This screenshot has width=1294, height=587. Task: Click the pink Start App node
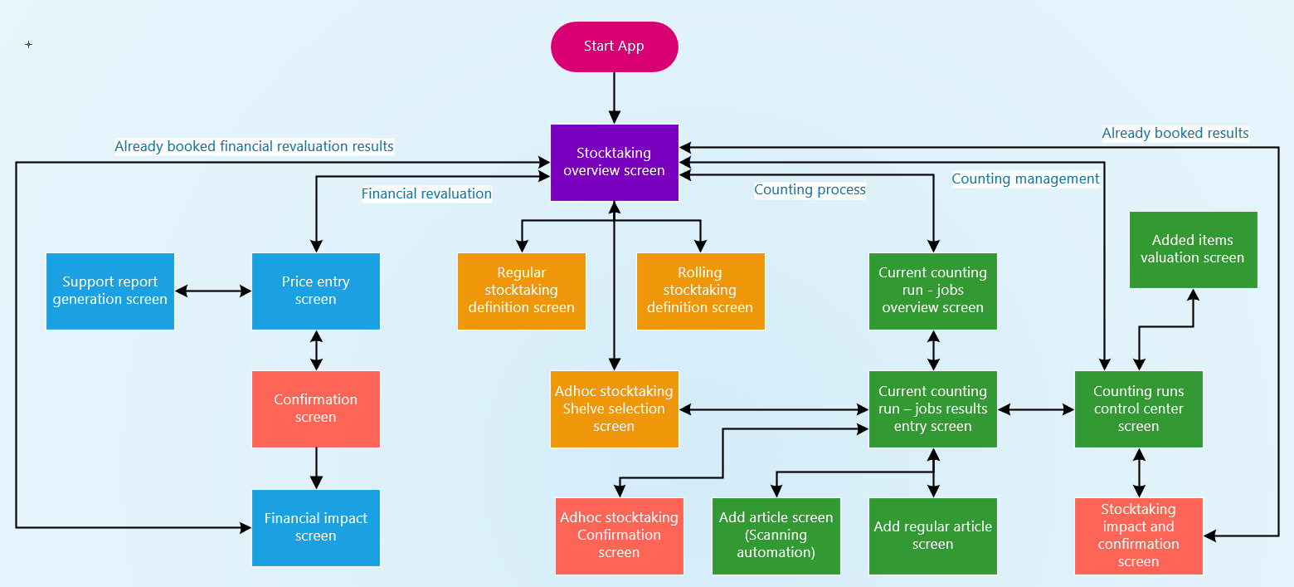pyautogui.click(x=614, y=46)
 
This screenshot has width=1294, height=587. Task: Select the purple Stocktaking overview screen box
pyautogui.click(x=614, y=162)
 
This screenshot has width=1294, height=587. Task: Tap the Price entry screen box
pyautogui.click(x=315, y=291)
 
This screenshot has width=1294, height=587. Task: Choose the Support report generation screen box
pyautogui.click(x=109, y=291)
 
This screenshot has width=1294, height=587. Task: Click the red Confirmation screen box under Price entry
pyautogui.click(x=315, y=408)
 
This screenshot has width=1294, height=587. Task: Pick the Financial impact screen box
pyautogui.click(x=315, y=527)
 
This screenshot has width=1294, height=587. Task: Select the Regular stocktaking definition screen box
pyautogui.click(x=521, y=291)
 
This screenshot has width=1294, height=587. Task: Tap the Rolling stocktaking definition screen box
pyautogui.click(x=700, y=291)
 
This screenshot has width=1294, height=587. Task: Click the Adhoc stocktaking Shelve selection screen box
pyautogui.click(x=614, y=408)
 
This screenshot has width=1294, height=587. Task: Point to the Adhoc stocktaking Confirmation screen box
pyautogui.click(x=619, y=536)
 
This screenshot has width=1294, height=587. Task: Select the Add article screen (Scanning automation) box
pyautogui.click(x=776, y=536)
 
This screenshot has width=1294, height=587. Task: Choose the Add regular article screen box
pyautogui.click(x=932, y=536)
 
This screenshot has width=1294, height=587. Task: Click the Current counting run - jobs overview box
pyautogui.click(x=932, y=291)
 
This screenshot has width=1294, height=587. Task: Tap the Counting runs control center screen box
pyautogui.click(x=1138, y=408)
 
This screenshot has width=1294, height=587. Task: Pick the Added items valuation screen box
pyautogui.click(x=1192, y=249)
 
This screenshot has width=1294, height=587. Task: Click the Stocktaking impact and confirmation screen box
pyautogui.click(x=1138, y=536)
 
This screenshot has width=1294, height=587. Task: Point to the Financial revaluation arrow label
pyautogui.click(x=426, y=193)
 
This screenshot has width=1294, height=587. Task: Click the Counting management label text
pyautogui.click(x=1025, y=179)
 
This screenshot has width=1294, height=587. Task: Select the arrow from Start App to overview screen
pyautogui.click(x=614, y=98)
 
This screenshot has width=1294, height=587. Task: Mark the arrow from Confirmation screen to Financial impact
pyautogui.click(x=315, y=468)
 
